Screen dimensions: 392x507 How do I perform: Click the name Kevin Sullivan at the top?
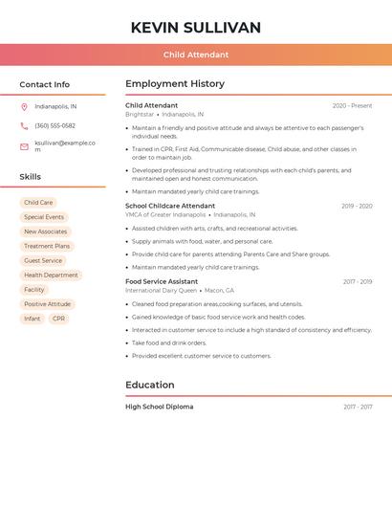pos(196,28)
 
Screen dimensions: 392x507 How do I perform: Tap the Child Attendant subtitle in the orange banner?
pos(196,55)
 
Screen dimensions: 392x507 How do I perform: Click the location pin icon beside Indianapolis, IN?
pos(24,106)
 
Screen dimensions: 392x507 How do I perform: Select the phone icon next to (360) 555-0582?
pos(24,125)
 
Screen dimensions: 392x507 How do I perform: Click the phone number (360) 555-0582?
pos(55,125)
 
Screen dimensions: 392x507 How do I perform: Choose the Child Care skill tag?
pos(38,203)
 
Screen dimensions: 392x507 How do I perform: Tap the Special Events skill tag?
pos(44,217)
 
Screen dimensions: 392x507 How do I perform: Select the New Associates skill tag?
pos(46,231)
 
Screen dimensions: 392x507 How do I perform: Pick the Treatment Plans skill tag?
pos(47,246)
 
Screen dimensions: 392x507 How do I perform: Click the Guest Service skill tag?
pos(43,260)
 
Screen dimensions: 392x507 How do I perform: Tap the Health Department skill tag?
pos(51,275)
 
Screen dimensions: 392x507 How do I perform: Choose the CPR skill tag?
pos(59,319)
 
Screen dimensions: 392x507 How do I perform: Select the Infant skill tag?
pos(33,319)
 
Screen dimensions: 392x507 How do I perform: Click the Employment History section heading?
pos(175,84)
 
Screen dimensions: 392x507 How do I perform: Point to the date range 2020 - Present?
pos(352,105)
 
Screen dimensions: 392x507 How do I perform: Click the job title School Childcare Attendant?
pos(170,206)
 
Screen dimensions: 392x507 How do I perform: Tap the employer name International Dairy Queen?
pos(161,290)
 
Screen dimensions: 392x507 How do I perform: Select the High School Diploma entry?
pos(159,407)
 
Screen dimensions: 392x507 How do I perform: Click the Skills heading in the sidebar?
pos(31,177)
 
